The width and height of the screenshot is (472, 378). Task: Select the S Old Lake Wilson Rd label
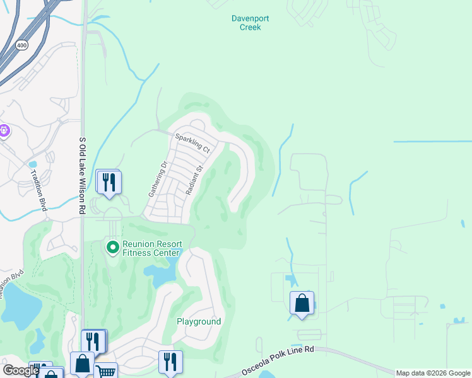pyautogui.click(x=82, y=176)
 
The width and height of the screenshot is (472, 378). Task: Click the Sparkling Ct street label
pyautogui.click(x=192, y=143)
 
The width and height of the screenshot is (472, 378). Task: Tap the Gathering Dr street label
pyautogui.click(x=156, y=180)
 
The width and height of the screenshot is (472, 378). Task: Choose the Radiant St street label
pyautogui.click(x=192, y=180)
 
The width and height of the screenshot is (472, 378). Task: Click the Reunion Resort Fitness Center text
pyautogui.click(x=152, y=248)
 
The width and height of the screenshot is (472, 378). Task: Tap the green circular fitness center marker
pyautogui.click(x=113, y=248)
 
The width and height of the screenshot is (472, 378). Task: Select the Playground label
pyautogui.click(x=198, y=321)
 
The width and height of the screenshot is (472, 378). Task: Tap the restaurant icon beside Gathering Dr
pyautogui.click(x=109, y=182)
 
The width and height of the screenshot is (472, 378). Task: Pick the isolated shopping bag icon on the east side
pyautogui.click(x=302, y=303)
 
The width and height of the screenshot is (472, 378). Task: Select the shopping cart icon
pyautogui.click(x=106, y=370)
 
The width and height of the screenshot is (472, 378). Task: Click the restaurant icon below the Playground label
pyautogui.click(x=170, y=362)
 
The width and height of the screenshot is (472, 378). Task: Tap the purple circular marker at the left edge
pyautogui.click(x=4, y=131)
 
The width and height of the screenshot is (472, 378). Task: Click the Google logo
pyautogui.click(x=21, y=370)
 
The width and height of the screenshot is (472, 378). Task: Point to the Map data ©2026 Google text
pyautogui.click(x=433, y=373)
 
